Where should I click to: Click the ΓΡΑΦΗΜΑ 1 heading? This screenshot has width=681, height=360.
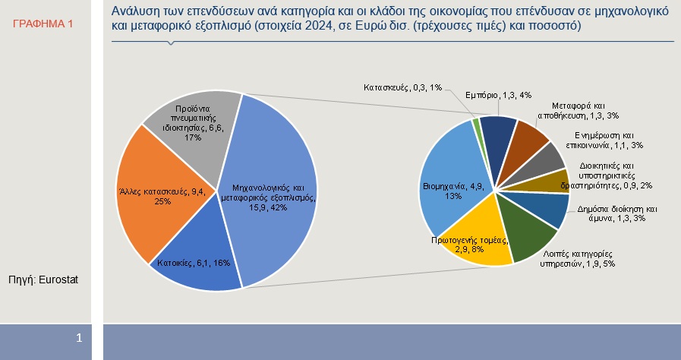43,24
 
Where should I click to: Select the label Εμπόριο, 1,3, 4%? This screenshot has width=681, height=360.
497,96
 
